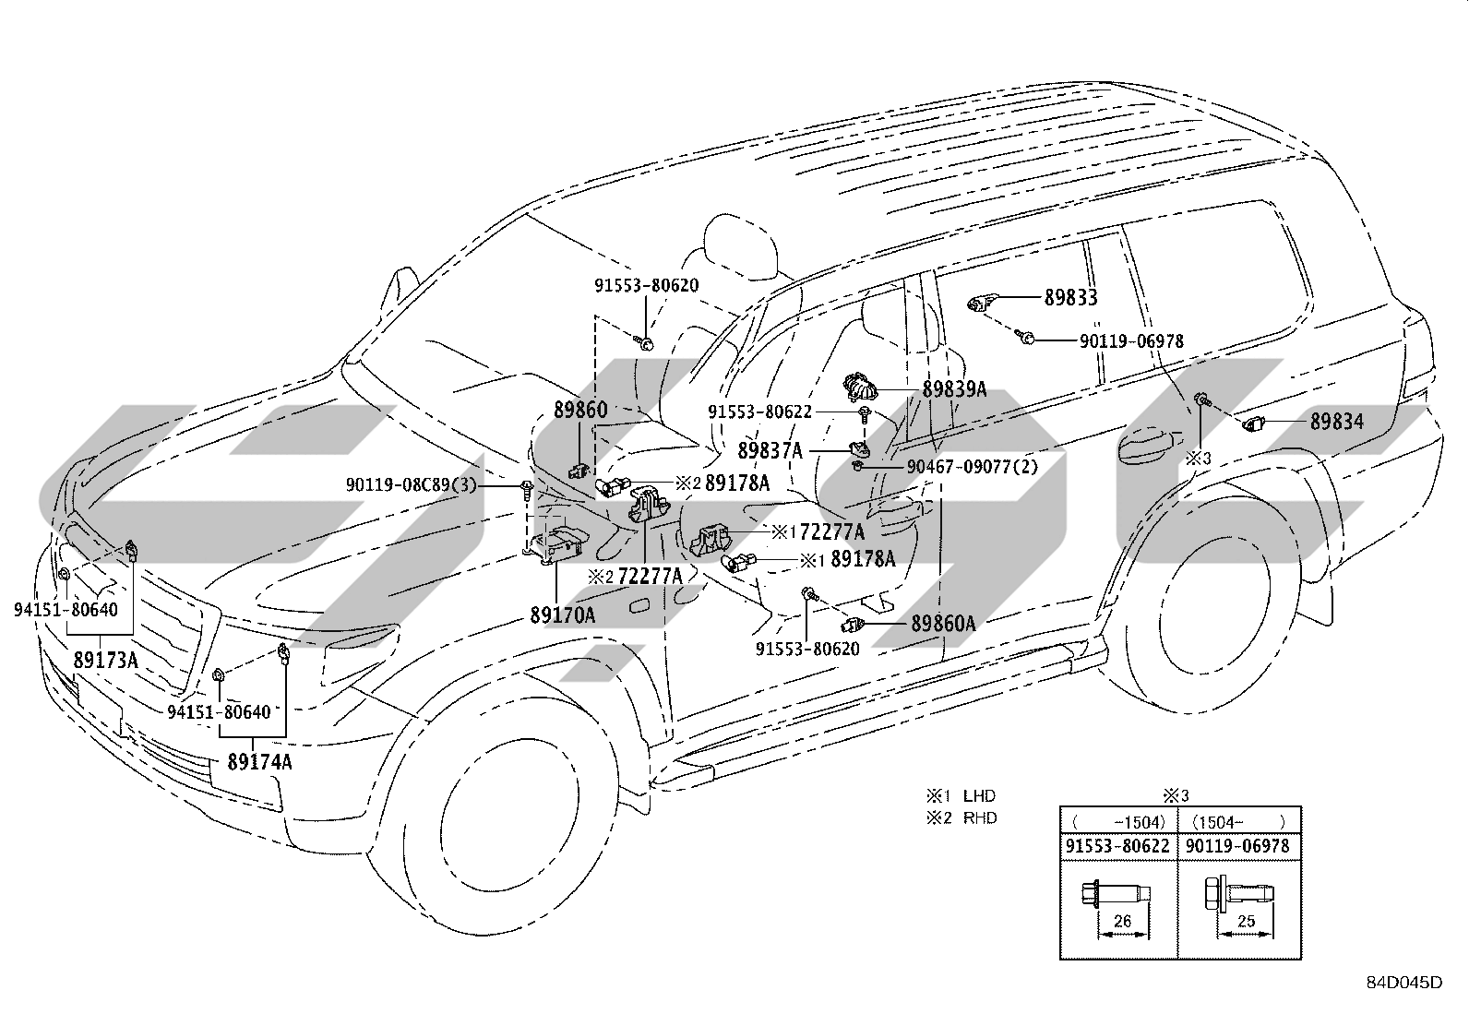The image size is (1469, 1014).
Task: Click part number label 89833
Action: [1071, 297]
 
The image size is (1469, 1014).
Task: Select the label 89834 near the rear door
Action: [1337, 421]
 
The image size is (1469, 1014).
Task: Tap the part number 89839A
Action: [955, 389]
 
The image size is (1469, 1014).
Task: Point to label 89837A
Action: [770, 450]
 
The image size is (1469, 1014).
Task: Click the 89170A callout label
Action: [563, 614]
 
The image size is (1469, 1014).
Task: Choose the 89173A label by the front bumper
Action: [105, 660]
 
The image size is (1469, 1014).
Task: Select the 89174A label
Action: [259, 761]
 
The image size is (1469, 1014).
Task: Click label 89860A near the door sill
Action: [943, 623]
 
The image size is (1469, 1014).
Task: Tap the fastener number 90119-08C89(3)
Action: [412, 484]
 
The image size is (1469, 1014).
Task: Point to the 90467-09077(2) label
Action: [973, 466]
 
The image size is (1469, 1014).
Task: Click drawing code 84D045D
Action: [1404, 982]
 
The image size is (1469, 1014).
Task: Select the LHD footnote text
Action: [979, 795]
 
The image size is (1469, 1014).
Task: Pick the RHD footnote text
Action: [980, 817]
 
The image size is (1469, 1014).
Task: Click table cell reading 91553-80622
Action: [1117, 846]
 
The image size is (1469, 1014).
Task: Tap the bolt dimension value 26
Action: [1122, 921]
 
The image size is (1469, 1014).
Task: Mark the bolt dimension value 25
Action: [1246, 921]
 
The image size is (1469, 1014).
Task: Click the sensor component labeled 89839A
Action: [860, 386]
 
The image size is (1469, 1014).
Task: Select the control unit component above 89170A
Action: [559, 542]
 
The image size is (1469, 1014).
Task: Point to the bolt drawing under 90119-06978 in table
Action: [1239, 894]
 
